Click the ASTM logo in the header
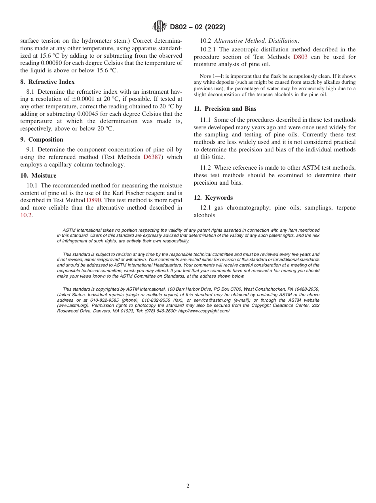(x=160, y=27)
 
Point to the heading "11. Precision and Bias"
(x=225, y=109)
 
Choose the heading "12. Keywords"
(x=213, y=198)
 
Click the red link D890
(x=94, y=200)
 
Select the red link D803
(x=300, y=57)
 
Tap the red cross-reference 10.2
(x=26, y=215)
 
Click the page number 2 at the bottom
(x=188, y=486)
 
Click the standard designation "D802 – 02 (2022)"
(x=197, y=27)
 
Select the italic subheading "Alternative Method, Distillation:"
(x=257, y=41)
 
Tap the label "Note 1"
(x=207, y=76)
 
